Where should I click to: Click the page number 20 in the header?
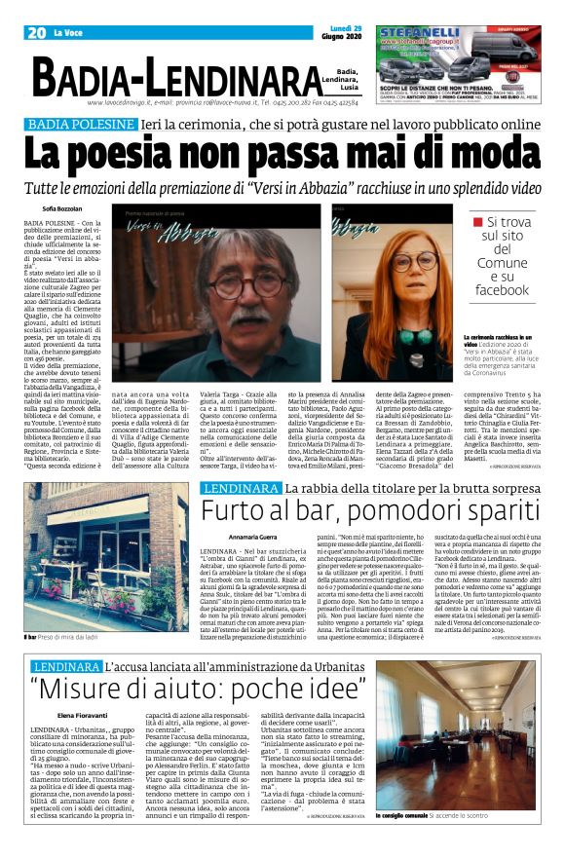(37, 33)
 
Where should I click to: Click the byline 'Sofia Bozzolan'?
(63, 209)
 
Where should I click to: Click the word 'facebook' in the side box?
(502, 290)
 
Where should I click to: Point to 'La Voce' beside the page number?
(68, 33)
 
